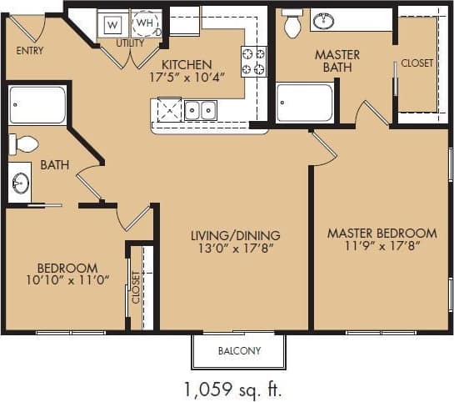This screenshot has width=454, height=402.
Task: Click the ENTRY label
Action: (x=30, y=50)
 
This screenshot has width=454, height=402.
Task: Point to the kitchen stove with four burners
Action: (x=254, y=61)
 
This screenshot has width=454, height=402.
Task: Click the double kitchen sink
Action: (x=201, y=109)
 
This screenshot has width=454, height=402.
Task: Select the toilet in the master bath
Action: (x=292, y=25)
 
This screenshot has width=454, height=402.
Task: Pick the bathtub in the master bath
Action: (x=305, y=103)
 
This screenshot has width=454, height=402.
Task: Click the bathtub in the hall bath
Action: (x=38, y=105)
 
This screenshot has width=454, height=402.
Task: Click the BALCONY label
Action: (x=239, y=351)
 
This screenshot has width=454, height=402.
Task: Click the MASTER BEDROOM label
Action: (x=382, y=233)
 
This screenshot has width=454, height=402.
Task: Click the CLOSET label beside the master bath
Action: (x=417, y=63)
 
